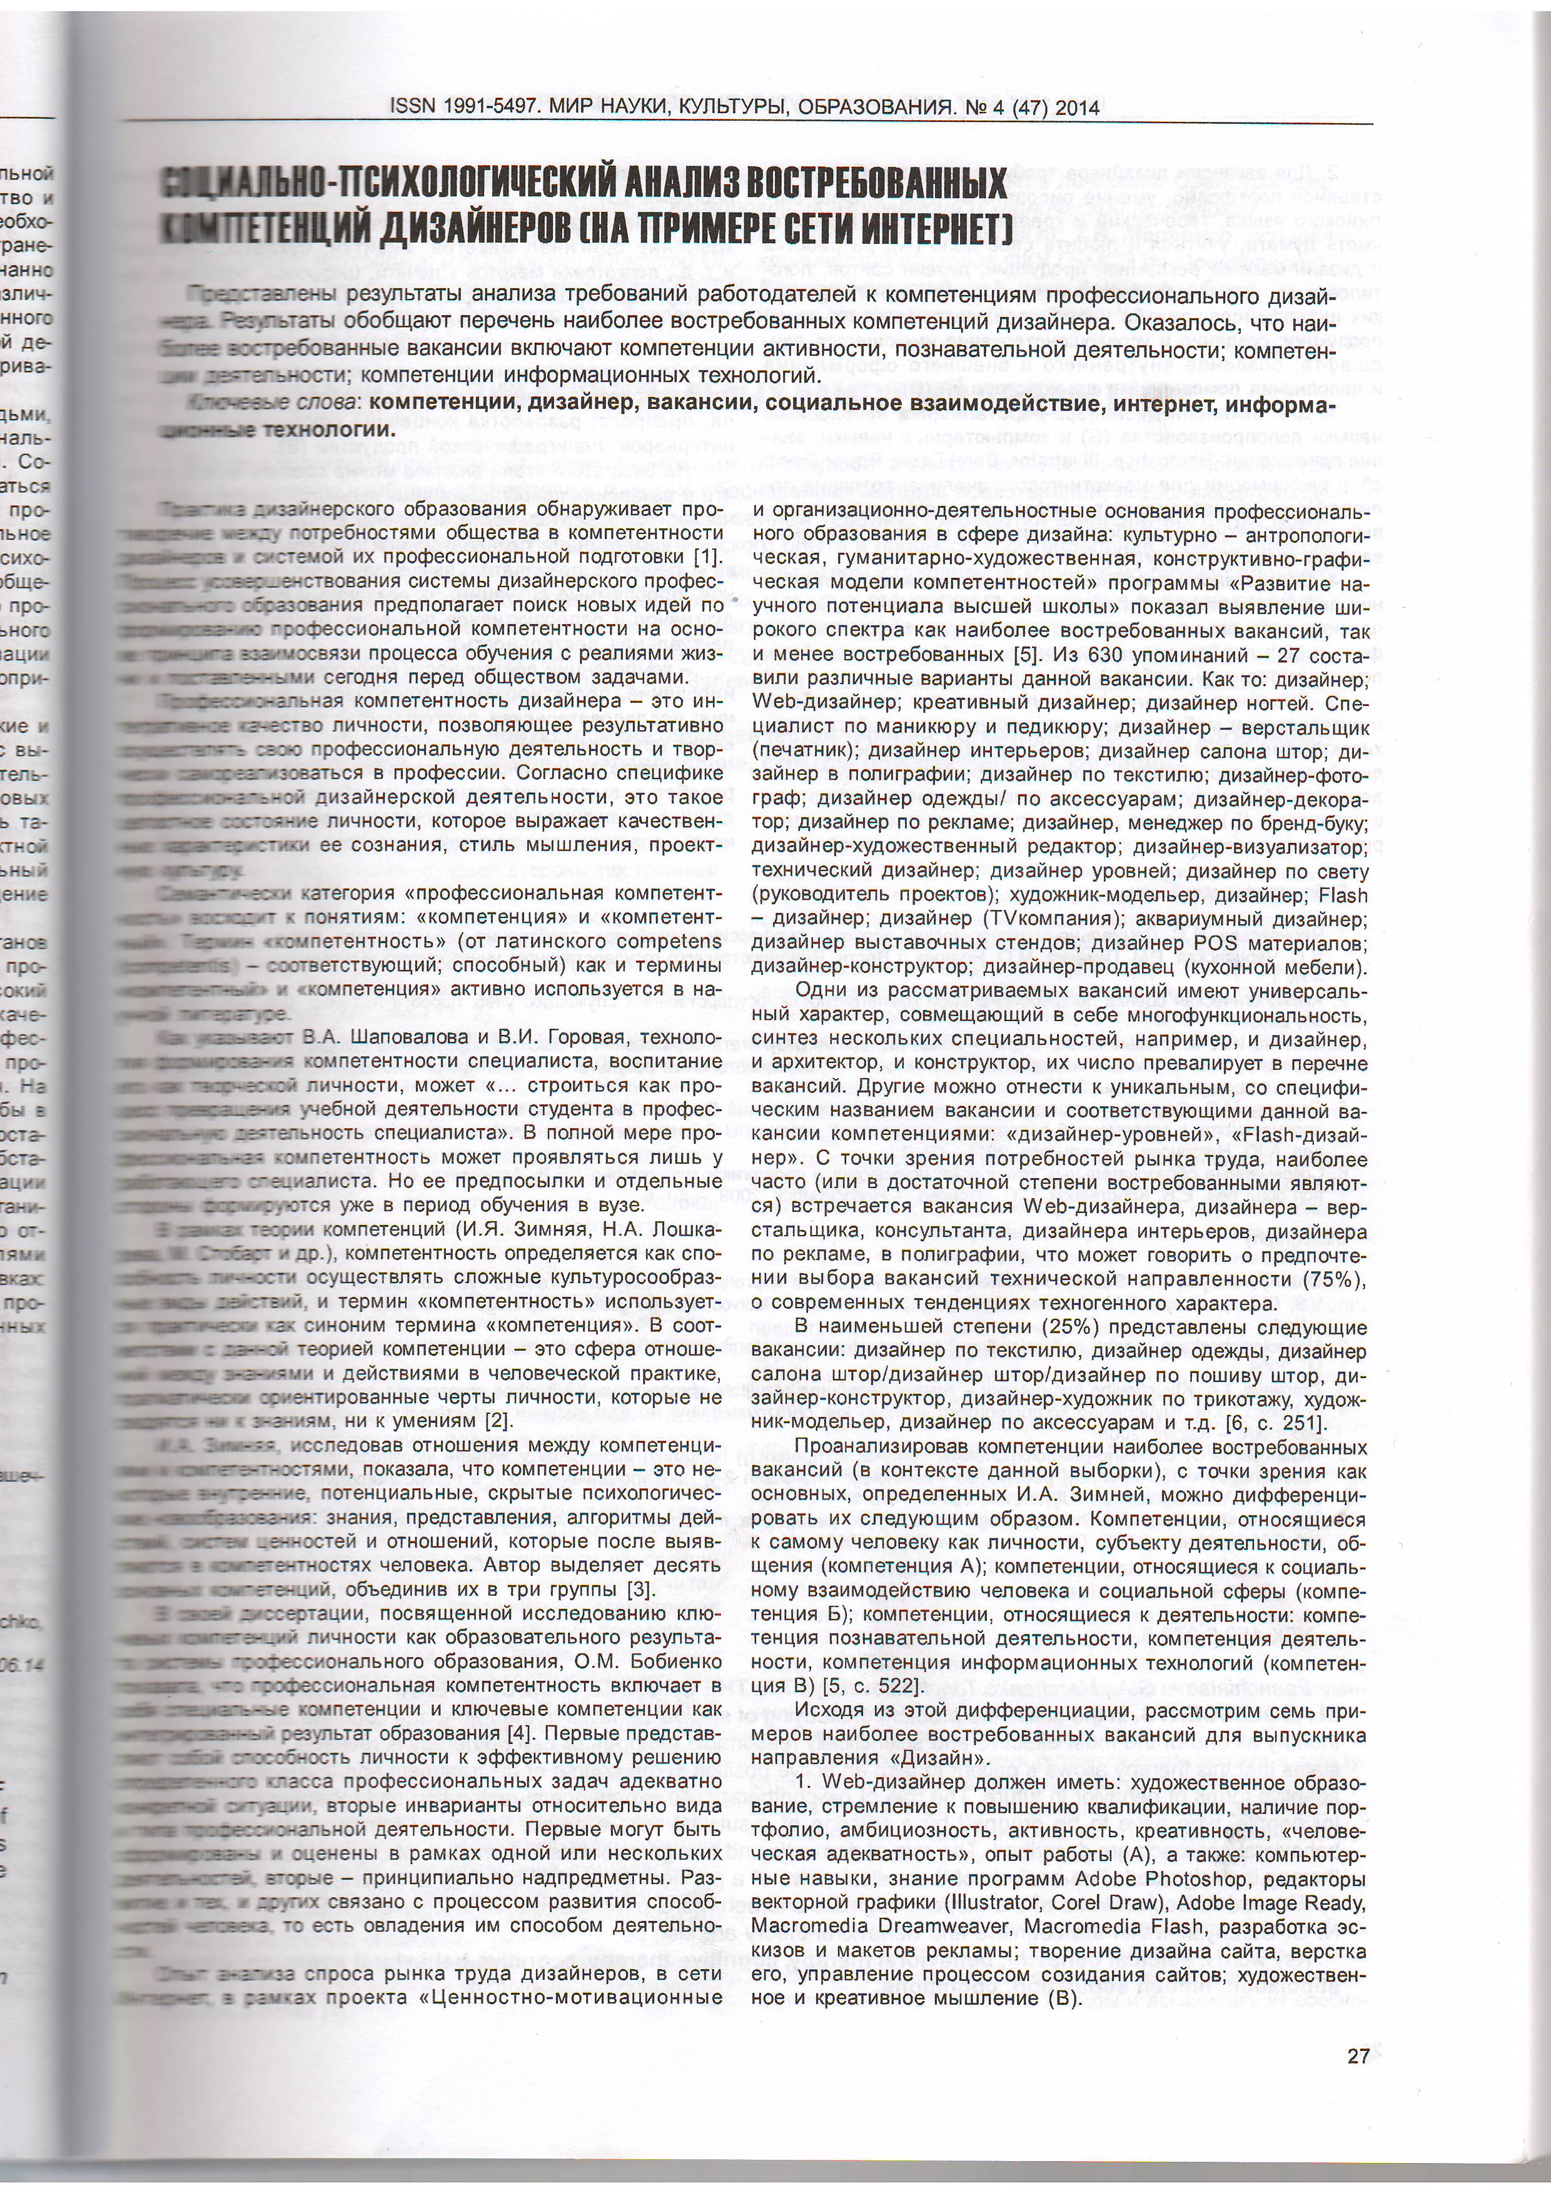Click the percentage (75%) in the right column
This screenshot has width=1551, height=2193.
click(1333, 1279)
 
